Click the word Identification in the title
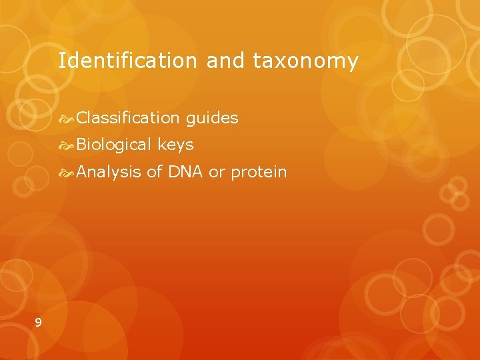[127, 61]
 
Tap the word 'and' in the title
[226, 61]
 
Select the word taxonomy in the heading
[305, 62]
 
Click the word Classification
[128, 119]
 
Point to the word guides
[212, 119]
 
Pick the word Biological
[115, 145]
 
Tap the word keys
[176, 145]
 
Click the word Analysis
[109, 172]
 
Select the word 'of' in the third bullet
[155, 172]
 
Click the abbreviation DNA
[185, 172]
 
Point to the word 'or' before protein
[217, 172]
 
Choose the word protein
[259, 173]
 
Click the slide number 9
[38, 323]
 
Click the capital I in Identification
[61, 61]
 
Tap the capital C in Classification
[81, 119]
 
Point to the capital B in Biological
[81, 145]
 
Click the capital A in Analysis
[82, 172]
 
